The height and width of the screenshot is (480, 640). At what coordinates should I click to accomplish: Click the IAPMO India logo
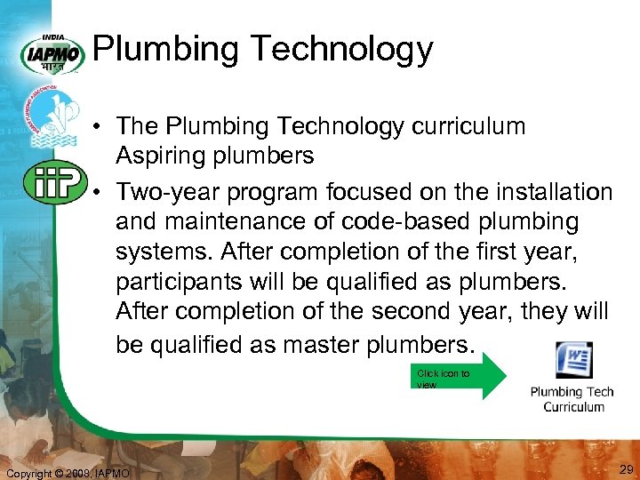tap(53, 53)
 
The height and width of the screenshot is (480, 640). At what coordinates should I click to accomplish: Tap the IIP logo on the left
tap(53, 182)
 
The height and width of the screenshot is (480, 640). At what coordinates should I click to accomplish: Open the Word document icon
tap(574, 361)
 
